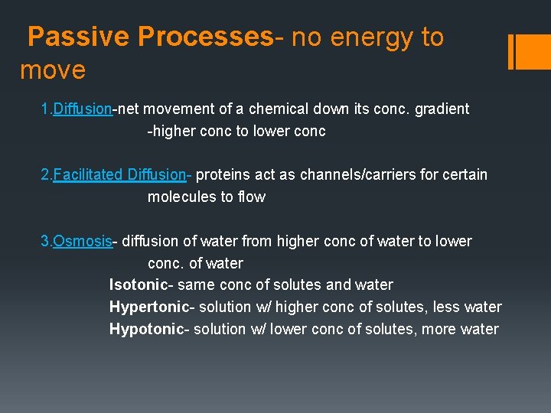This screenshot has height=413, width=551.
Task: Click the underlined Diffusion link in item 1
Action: point(82,109)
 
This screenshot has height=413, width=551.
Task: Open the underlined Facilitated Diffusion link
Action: point(119,174)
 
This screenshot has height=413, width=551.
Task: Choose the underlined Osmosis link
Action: point(82,241)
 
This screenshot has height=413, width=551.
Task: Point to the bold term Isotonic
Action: point(139,285)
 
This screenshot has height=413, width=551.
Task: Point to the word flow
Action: point(251,197)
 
